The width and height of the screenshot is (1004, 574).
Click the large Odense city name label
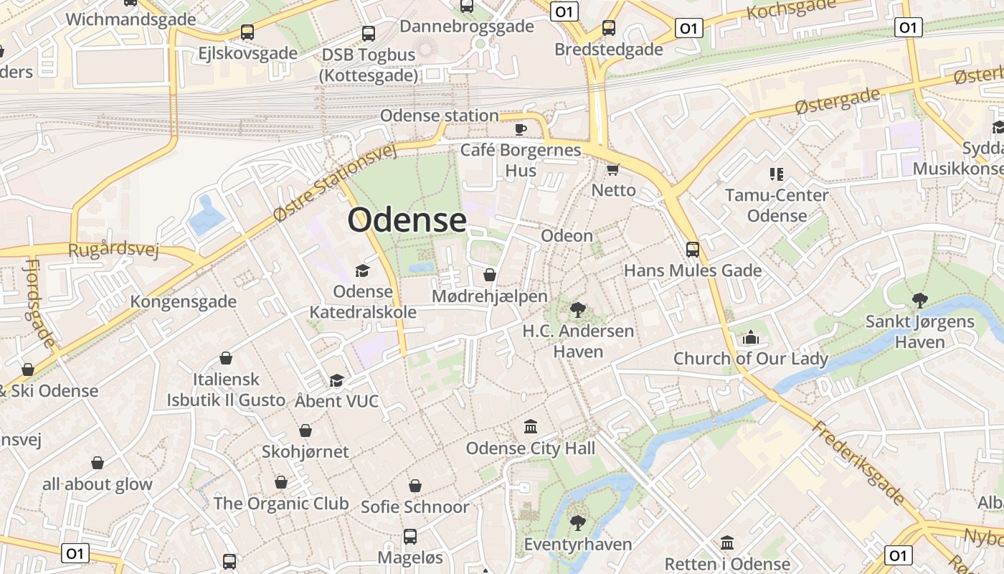(x=407, y=220)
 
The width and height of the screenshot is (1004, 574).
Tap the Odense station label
(x=439, y=116)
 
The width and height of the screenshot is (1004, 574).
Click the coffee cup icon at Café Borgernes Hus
(x=521, y=129)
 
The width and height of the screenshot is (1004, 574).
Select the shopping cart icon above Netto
(x=612, y=169)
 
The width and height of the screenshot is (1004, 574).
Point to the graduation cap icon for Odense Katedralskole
(x=362, y=270)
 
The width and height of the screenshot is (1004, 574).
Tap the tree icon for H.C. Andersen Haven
(x=577, y=310)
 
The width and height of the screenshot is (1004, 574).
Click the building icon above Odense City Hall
(x=531, y=427)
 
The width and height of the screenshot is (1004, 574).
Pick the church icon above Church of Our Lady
(x=751, y=337)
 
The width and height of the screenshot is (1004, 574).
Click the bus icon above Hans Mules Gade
(x=693, y=250)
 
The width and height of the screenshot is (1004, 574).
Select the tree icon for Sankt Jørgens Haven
(x=919, y=300)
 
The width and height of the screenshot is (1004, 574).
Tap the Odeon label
(x=567, y=236)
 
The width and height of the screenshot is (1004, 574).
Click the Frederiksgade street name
(x=858, y=464)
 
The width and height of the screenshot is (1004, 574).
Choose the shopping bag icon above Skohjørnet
(x=306, y=430)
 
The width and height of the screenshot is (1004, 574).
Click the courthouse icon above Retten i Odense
(x=727, y=542)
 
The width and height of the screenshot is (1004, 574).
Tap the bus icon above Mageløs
(x=410, y=536)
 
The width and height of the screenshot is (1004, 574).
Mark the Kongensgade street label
(x=183, y=301)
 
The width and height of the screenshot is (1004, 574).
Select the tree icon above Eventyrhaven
(x=577, y=522)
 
